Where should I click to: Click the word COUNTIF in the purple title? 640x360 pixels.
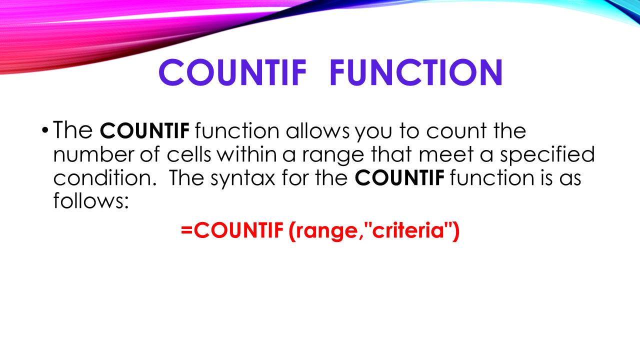coord(232,72)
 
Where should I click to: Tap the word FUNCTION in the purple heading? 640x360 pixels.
coord(416,72)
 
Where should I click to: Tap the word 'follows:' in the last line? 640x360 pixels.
coord(91,201)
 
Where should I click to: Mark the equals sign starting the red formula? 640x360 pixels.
coord(186,231)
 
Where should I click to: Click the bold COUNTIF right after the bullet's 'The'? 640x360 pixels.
coord(144,131)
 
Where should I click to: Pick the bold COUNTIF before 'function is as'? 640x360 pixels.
coord(399,178)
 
